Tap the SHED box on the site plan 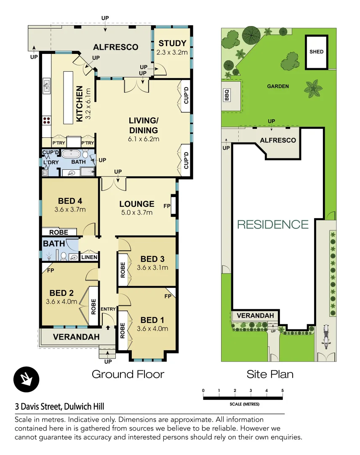pos(316,52)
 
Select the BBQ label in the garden pos(227,96)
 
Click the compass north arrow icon pos(26,378)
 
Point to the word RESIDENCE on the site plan pos(273,224)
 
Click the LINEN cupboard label pos(89,257)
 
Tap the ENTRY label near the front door pos(108,309)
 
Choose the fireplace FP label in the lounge pos(167,205)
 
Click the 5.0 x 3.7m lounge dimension pos(136,212)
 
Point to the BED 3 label pos(152,259)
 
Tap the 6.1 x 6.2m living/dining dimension pos(144,139)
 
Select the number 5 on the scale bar pos(283,391)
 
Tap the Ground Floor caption pos(128,374)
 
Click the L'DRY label pos(48,162)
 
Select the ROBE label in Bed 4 pos(59,232)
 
